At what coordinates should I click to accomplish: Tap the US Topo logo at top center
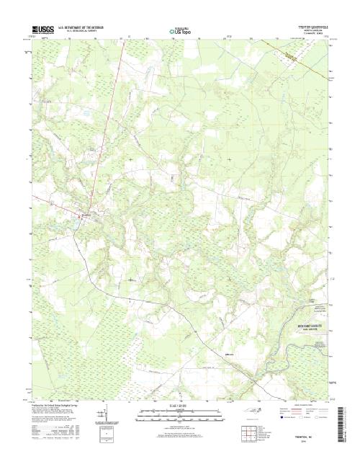pos(179,31)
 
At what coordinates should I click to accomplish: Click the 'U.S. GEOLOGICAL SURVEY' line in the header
pos(81,31)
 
